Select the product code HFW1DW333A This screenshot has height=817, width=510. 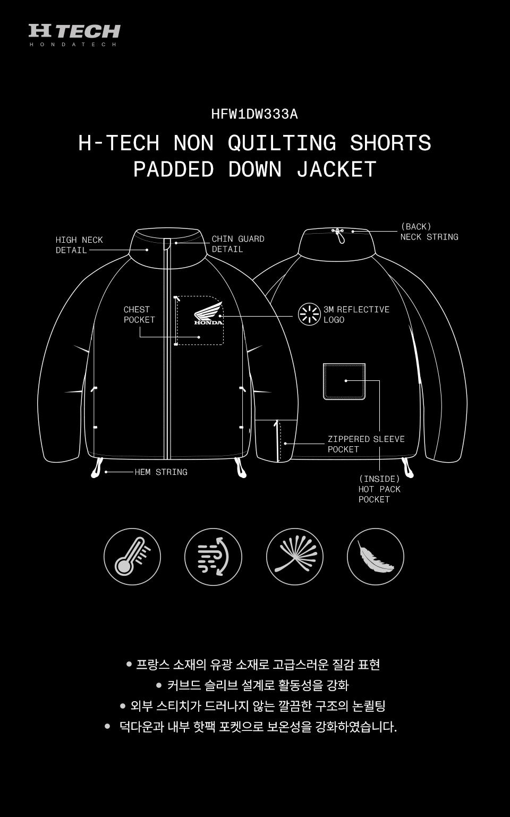254,114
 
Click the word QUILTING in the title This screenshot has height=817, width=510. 282,142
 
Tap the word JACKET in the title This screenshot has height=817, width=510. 336,169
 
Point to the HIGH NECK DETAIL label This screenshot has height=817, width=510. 79,245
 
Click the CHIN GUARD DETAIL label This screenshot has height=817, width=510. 238,244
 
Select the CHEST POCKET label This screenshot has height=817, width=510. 139,314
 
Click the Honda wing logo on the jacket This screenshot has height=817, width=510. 208,313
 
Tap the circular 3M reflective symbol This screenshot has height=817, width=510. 309,314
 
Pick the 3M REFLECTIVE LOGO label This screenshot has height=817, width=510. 356,314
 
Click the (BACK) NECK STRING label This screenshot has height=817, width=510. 429,232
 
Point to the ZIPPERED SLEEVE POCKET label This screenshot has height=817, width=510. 366,444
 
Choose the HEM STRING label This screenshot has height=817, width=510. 161,472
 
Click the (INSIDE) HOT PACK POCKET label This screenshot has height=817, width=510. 379,489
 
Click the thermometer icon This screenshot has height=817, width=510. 132,557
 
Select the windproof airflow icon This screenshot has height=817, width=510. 213,557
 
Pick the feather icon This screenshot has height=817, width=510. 376,557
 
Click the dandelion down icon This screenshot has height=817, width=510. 294,557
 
